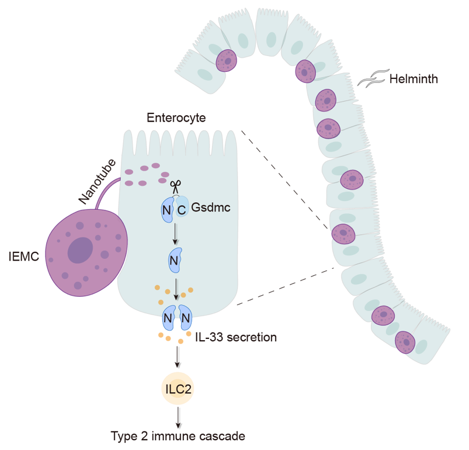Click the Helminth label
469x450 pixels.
414,79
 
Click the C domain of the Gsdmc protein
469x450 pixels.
183,209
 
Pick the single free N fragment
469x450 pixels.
174,261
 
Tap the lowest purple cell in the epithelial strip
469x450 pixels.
405,342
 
